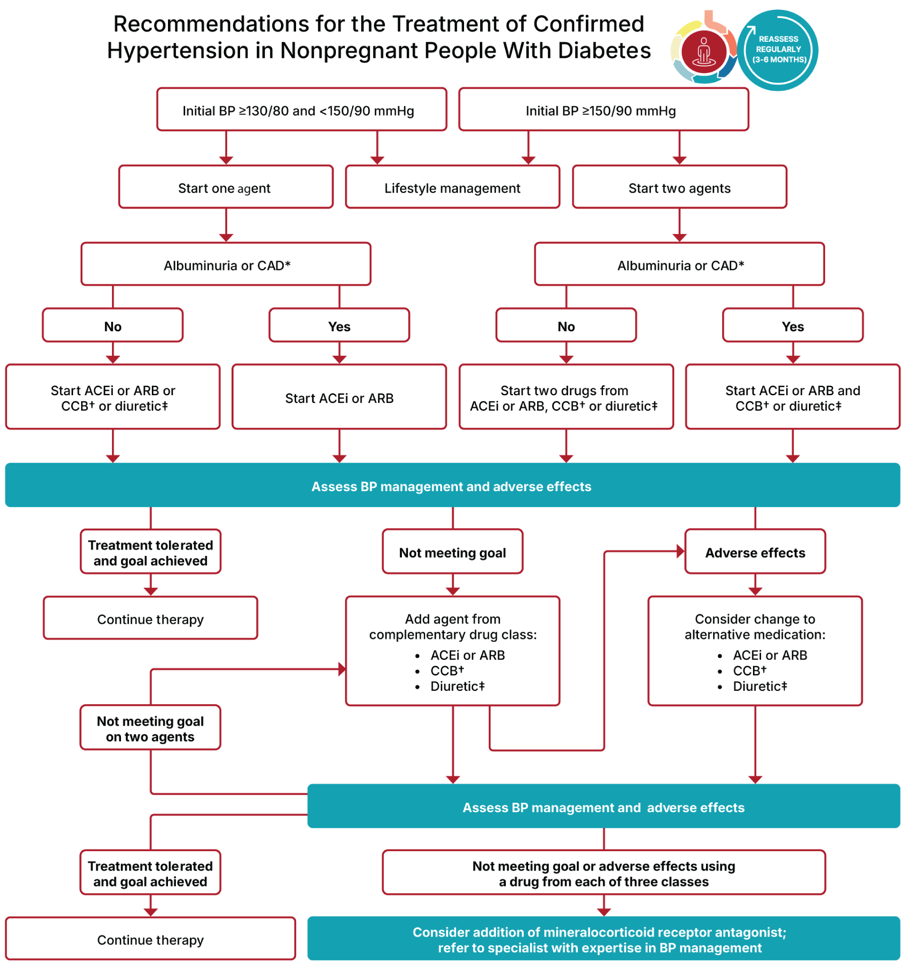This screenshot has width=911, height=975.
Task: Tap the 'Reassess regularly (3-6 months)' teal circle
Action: click(778, 49)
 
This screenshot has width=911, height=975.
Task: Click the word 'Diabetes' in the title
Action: click(604, 50)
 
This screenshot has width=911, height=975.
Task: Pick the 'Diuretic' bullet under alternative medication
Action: click(760, 686)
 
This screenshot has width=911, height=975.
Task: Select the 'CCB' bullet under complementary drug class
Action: click(446, 670)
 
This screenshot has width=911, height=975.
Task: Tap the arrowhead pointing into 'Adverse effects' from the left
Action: click(680, 551)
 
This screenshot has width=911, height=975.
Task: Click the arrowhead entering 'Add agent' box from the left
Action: click(342, 669)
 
